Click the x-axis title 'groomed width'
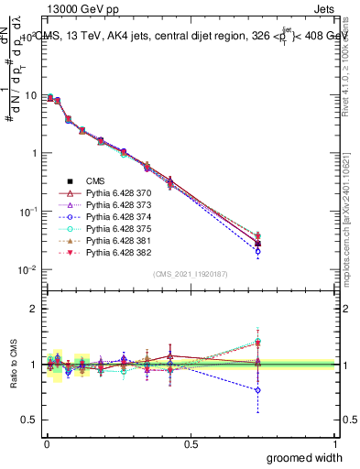(305, 456)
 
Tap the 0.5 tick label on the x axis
(191, 444)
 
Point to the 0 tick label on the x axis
(47, 444)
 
